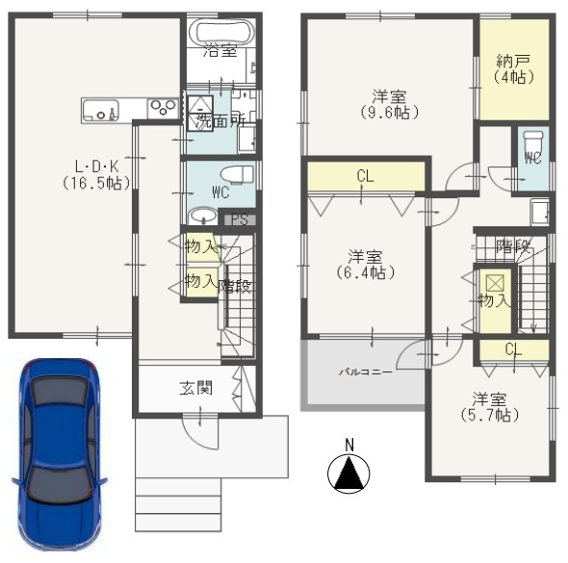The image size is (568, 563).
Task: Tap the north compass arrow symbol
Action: click(x=349, y=473)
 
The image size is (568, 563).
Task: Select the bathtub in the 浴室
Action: click(x=221, y=32)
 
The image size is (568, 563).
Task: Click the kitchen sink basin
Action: click(x=101, y=111)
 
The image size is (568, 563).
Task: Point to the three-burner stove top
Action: click(x=163, y=108)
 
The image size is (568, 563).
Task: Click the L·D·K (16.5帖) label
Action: click(x=96, y=175)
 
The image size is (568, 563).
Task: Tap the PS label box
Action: click(x=240, y=219)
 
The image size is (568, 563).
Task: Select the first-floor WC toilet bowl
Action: click(x=237, y=175)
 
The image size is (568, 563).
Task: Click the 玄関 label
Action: click(x=196, y=388)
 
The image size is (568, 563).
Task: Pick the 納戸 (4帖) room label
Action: click(x=514, y=69)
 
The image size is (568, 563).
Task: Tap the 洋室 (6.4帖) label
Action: click(x=365, y=265)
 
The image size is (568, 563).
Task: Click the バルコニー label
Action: click(x=366, y=371)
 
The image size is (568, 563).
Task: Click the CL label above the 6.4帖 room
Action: click(x=365, y=176)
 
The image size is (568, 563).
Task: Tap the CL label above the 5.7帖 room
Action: click(x=513, y=349)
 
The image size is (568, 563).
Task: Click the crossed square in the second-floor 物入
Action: click(x=495, y=283)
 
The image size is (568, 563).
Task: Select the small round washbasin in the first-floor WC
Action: click(x=203, y=216)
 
